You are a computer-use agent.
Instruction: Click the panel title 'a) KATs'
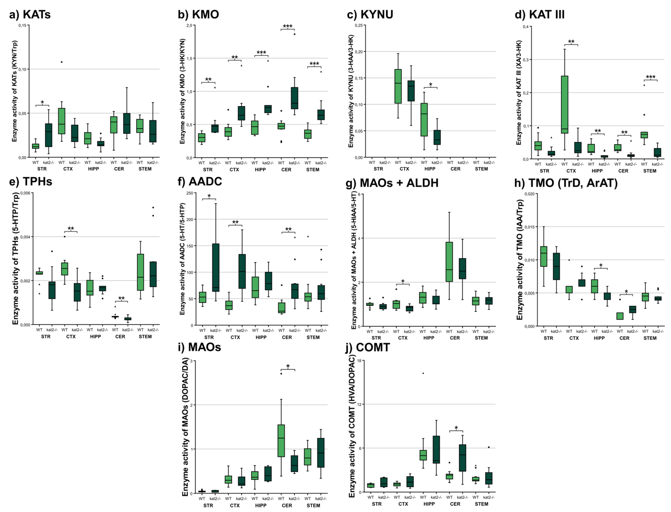click(30, 14)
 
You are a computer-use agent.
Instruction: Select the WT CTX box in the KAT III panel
click(564, 105)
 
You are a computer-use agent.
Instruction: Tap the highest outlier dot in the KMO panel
click(294, 34)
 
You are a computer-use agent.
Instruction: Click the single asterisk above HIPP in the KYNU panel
click(430, 85)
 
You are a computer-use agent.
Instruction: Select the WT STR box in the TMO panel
click(543, 256)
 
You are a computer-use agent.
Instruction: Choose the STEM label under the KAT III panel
click(650, 171)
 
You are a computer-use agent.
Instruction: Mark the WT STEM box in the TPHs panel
click(140, 272)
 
